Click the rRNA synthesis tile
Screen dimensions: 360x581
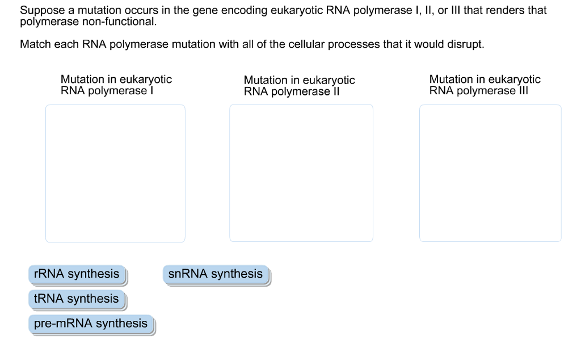[x=77, y=274]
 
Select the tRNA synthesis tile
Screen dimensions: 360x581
[x=77, y=299]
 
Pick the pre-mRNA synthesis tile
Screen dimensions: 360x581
[x=90, y=324]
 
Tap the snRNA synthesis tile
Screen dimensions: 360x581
[x=216, y=274]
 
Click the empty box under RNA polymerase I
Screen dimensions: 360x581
[x=115, y=173]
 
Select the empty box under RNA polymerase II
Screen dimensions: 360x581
[x=301, y=173]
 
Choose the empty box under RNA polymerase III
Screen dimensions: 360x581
[x=490, y=173]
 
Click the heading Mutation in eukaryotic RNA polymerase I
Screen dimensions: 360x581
[x=116, y=85]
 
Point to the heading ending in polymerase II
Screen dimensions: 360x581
[x=299, y=86]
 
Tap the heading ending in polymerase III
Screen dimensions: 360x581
[x=485, y=85]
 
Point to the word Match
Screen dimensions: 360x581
[x=35, y=44]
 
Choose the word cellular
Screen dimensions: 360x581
[x=294, y=44]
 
